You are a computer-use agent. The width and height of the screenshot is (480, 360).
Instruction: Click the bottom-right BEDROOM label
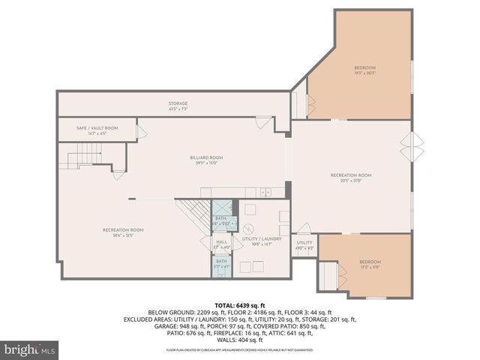370,263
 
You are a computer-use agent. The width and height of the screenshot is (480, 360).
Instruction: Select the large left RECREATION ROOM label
123,232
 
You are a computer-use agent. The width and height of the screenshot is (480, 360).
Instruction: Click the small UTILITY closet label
304,244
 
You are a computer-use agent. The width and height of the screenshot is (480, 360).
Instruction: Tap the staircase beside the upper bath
193,215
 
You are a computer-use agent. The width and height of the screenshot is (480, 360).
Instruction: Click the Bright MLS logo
30,349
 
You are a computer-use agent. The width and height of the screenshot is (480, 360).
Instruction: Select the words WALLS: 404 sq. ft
239,340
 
